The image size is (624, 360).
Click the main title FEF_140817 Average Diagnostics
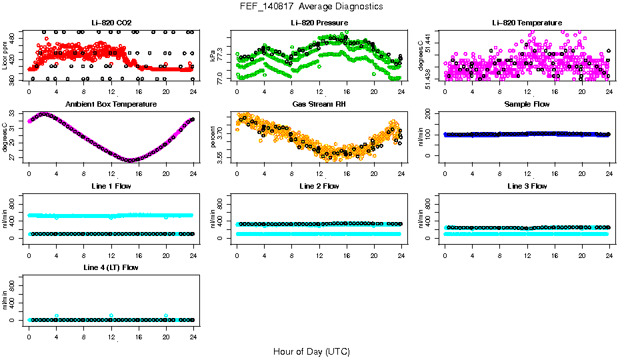point(312,6)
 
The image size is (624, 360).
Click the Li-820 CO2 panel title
point(111,23)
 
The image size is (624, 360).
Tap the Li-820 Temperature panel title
point(526,23)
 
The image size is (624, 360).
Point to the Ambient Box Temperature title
point(111,104)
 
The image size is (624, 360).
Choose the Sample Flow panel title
point(526,104)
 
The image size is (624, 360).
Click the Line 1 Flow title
point(111,186)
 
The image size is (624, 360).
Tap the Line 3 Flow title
point(526,186)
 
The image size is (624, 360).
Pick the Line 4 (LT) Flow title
point(111,267)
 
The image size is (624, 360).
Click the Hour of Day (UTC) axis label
point(311,351)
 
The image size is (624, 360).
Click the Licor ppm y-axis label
point(5,55)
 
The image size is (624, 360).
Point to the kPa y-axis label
point(213,55)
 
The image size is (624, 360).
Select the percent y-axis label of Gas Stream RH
point(213,137)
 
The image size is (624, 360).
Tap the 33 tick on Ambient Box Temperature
point(13,115)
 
